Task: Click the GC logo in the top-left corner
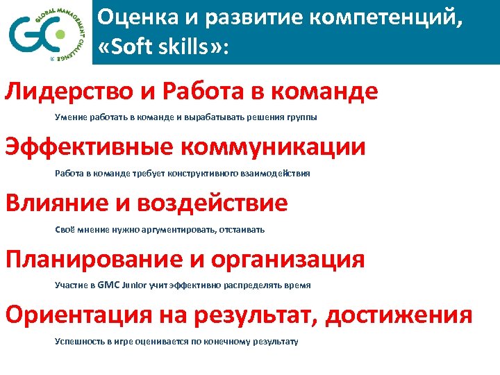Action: (46, 32)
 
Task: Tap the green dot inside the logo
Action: (60, 33)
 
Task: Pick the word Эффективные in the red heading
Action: (90, 147)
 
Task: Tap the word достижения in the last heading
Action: (399, 315)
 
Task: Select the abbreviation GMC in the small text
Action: (109, 285)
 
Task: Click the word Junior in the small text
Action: (135, 285)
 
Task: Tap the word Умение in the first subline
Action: (69, 117)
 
